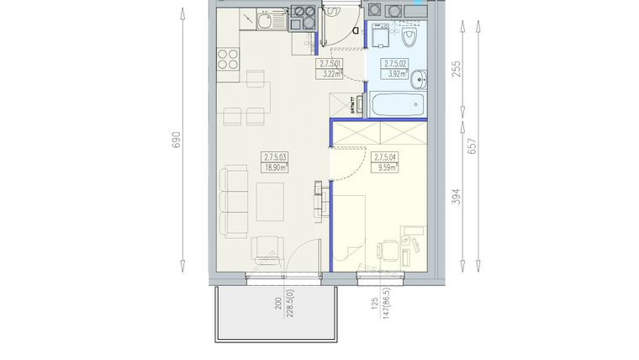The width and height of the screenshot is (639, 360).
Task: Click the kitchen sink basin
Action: tap(264, 21)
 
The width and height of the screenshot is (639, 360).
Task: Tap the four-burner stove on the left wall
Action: tap(228, 59)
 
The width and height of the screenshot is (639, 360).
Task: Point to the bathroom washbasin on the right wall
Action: tap(423, 77)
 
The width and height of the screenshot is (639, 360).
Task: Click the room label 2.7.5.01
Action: tap(329, 63)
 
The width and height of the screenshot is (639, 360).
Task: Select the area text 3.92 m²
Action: tap(395, 73)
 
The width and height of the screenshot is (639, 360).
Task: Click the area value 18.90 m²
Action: tap(275, 167)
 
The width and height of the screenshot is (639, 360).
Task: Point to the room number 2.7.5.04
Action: tap(384, 156)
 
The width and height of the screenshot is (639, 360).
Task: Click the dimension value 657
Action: tap(473, 146)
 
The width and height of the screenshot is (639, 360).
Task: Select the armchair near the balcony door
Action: tap(267, 250)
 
